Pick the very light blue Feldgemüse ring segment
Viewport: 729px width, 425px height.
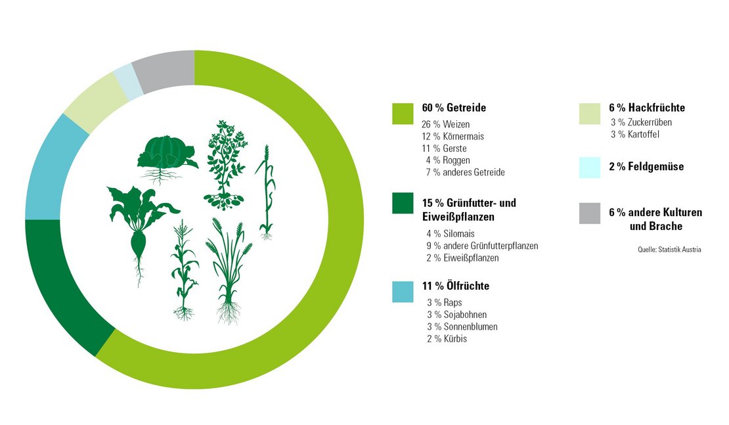click(127, 83)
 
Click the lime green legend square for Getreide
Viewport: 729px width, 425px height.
click(403, 113)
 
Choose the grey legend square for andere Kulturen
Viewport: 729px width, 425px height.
click(589, 213)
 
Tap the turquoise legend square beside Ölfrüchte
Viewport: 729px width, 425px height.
click(403, 292)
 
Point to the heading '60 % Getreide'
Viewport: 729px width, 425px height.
click(454, 108)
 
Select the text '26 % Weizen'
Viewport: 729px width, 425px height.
click(446, 124)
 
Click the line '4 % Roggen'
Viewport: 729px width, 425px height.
click(448, 160)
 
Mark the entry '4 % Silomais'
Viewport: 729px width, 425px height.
click(451, 233)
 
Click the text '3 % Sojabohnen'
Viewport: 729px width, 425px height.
click(456, 315)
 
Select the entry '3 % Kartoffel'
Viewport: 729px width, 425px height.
click(635, 135)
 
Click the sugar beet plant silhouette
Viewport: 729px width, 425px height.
click(139, 227)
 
